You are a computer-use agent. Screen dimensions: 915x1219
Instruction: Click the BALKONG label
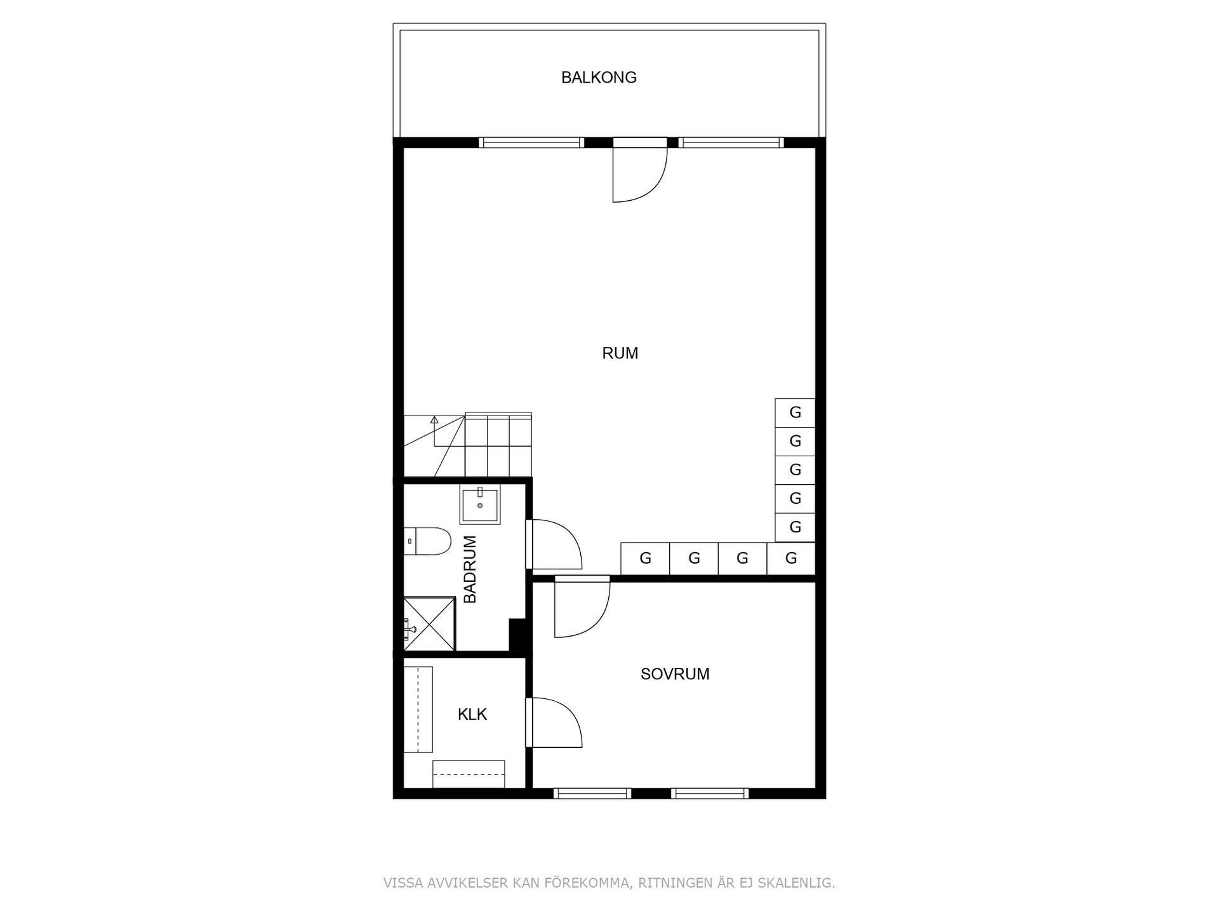point(599,78)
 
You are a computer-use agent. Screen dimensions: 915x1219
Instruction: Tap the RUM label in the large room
point(620,353)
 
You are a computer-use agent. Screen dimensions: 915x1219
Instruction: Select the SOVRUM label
point(675,674)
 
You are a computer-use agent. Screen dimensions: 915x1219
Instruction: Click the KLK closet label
point(472,715)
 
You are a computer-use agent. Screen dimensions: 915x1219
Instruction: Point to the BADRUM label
point(470,569)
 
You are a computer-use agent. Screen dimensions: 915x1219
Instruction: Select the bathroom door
point(554,545)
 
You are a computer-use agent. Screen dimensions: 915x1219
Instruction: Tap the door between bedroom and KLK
point(554,722)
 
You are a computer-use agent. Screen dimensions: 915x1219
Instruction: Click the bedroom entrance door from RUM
point(582,608)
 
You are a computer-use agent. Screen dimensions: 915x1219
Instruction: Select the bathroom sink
point(480,505)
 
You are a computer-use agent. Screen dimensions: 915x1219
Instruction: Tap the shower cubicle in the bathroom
point(430,623)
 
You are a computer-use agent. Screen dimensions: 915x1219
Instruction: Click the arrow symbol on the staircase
point(434,420)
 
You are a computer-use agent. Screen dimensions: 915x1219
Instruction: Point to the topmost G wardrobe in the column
point(795,413)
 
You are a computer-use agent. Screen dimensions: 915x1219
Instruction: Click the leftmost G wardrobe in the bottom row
point(645,559)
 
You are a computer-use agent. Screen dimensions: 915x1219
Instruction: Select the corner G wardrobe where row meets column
point(791,559)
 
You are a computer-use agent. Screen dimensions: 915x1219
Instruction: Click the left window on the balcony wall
point(531,143)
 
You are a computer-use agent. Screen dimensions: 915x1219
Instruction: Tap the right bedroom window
point(709,793)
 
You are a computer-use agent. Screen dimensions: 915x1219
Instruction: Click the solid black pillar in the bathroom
point(519,635)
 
